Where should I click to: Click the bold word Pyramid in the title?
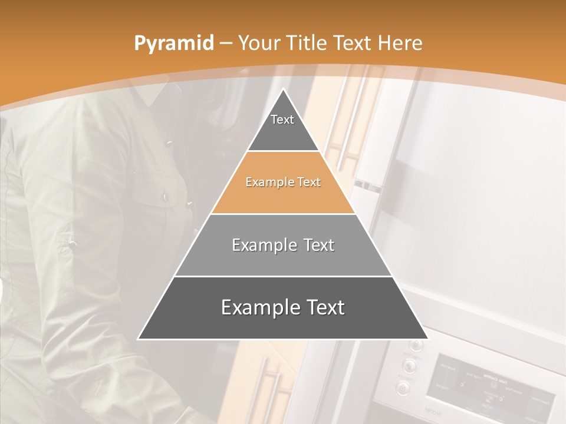(173, 43)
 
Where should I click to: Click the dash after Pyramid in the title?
(226, 44)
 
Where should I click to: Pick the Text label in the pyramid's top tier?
(282, 120)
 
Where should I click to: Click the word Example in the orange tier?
(268, 182)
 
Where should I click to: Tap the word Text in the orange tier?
(308, 182)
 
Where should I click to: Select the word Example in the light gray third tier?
(262, 245)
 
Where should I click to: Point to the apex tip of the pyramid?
(283, 90)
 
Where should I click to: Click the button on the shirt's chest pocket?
(166, 197)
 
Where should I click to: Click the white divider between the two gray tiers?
(283, 276)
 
